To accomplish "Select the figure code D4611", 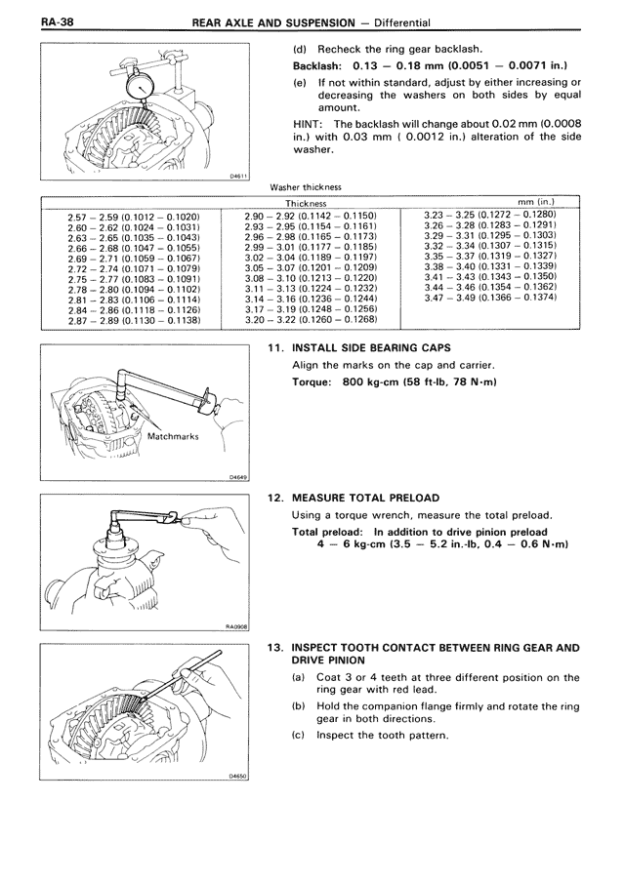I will coord(238,177).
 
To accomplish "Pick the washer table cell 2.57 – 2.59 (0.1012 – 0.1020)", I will coord(134,214).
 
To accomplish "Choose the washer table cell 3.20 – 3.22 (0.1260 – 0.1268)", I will coord(312,320).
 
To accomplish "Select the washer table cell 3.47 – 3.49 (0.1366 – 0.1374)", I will coord(490,297).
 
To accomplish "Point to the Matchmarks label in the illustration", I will coord(173,437).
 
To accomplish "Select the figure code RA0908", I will coord(237,628).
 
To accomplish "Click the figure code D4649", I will coord(238,478).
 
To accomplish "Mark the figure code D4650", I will coord(238,778).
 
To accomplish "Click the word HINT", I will coord(310,124).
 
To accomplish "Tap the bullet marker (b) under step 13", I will coord(299,705).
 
